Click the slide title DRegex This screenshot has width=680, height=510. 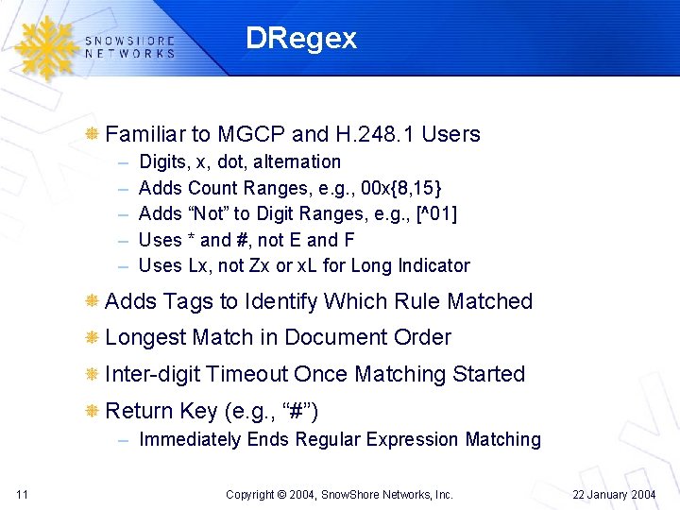(300, 39)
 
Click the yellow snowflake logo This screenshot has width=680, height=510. (43, 46)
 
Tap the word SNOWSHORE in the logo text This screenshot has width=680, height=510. (129, 41)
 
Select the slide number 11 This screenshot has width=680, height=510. (22, 494)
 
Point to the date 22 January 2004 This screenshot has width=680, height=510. (616, 494)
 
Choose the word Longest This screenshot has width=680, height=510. (145, 337)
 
